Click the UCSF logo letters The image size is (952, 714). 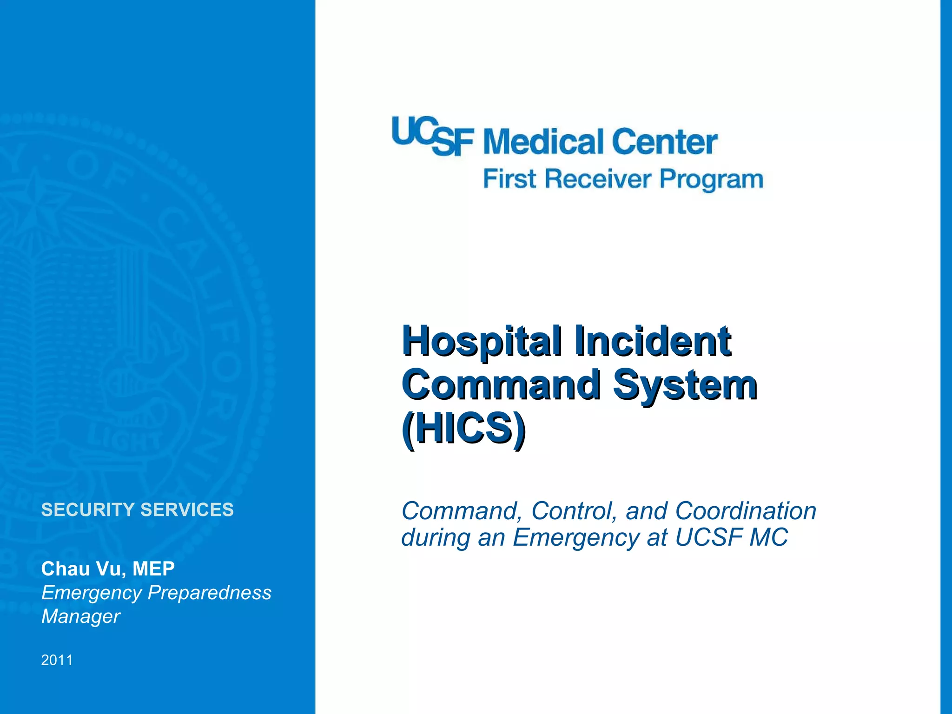pos(432,136)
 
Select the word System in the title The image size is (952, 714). pos(685,385)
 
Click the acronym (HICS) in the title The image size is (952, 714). pos(463,429)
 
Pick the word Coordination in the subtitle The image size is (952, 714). pos(746,511)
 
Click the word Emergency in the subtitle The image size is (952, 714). pos(576,538)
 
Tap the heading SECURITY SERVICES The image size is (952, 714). pos(138,510)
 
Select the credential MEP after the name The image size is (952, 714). pos(153,569)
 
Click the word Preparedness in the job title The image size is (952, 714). pos(209,593)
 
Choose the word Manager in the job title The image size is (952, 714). pos(81,616)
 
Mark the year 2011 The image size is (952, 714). pos(57,660)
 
